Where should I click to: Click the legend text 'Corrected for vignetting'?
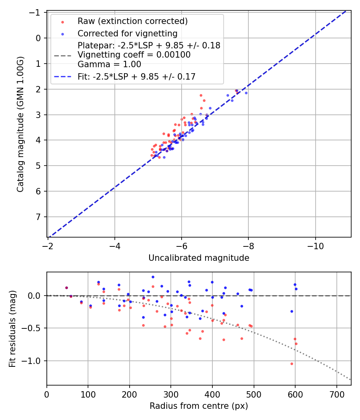pos(127,33)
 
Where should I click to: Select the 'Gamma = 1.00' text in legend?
pos(109,64)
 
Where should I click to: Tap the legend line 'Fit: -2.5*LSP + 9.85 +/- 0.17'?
pos(136,76)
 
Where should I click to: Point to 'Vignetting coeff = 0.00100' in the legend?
pos(134,55)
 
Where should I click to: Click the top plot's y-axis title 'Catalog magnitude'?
pos(20,124)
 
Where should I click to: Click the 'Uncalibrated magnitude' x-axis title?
pos(199,258)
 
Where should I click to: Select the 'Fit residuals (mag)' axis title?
pos(12,328)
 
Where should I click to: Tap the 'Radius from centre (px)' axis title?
pos(199,406)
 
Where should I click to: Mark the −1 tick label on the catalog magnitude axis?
pos(36,12)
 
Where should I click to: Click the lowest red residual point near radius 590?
pos(292,364)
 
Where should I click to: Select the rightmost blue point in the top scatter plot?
pos(246,93)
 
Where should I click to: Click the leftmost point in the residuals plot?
pos(66,288)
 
